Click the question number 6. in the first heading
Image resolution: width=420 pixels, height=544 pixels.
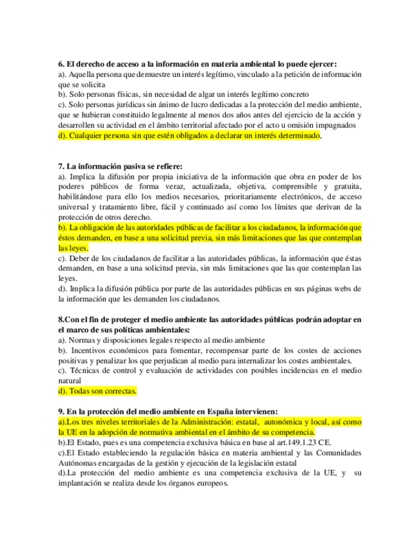click(61, 64)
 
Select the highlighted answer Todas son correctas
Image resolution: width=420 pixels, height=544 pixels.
click(97, 391)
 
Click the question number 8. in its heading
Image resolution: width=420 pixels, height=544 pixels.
click(61, 319)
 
